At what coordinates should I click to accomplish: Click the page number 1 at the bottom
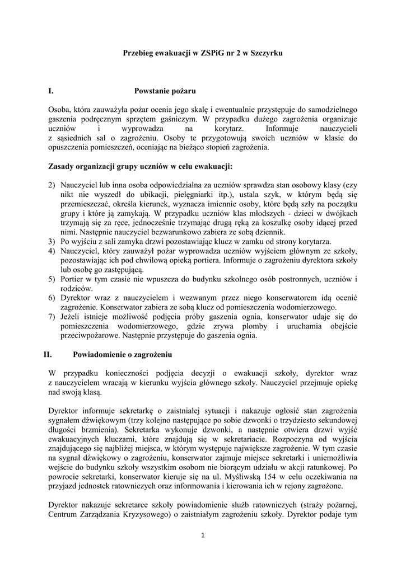pyautogui.click(x=203, y=536)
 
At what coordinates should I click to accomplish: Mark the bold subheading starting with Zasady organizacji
pyautogui.click(x=141, y=166)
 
